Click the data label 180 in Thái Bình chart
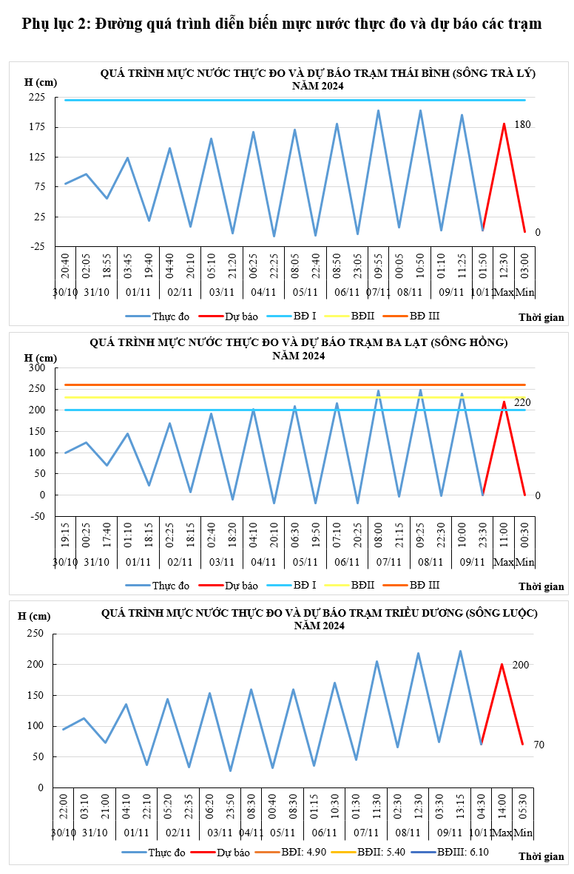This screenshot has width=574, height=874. (x=523, y=124)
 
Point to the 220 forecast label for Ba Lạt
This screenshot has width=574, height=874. (x=523, y=402)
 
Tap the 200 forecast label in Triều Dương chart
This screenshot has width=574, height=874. (x=521, y=665)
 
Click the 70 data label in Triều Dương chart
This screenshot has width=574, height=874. (x=538, y=745)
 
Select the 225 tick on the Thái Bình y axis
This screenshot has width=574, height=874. (x=37, y=98)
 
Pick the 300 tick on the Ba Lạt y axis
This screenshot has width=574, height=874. (x=37, y=367)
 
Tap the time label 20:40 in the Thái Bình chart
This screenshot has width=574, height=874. (x=65, y=265)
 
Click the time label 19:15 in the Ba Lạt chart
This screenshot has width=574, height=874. (x=65, y=532)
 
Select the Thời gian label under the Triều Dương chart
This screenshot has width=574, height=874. (x=541, y=857)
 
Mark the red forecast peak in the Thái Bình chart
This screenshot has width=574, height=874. (x=504, y=124)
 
